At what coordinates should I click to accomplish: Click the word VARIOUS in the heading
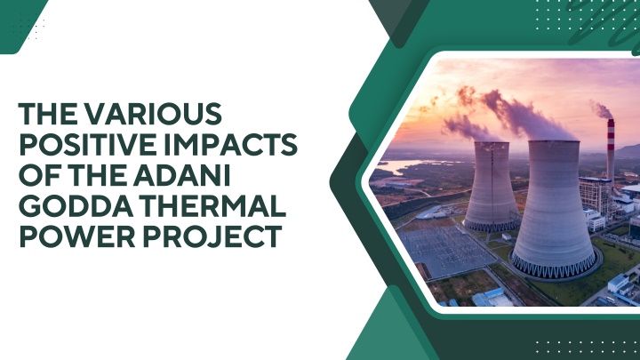[153, 114]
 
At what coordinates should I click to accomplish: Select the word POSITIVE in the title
[83, 145]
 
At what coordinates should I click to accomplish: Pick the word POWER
[77, 236]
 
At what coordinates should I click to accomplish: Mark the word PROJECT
[212, 236]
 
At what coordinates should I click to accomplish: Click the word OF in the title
[39, 175]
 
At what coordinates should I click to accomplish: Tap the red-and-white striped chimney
[611, 151]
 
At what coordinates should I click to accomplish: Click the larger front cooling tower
[554, 209]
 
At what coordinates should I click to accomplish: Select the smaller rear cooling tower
[492, 187]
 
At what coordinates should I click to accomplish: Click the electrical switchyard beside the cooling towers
[445, 250]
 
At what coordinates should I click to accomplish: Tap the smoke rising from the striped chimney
[602, 110]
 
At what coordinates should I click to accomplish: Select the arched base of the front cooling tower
[554, 267]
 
